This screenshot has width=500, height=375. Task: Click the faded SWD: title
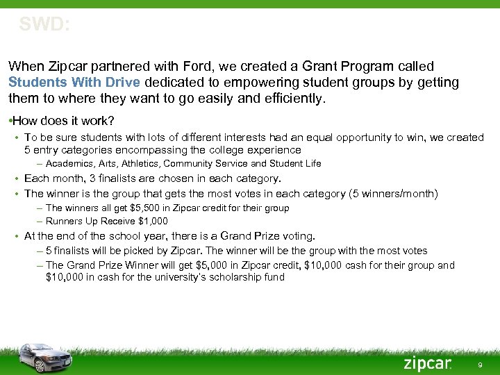[x=44, y=25]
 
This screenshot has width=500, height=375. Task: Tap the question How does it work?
[x=63, y=120]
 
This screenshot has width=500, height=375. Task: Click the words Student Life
[x=294, y=164]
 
